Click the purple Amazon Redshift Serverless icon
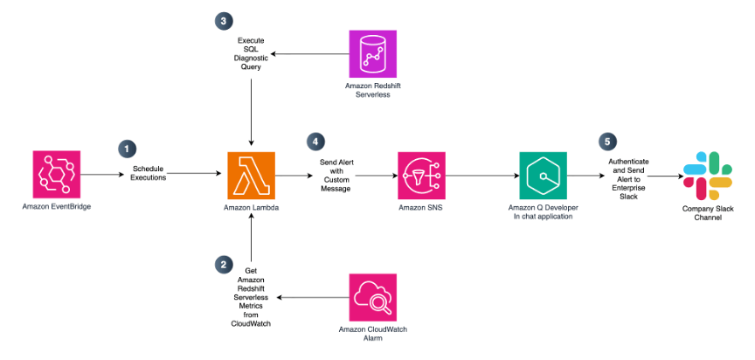[373, 55]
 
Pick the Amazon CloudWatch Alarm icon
[373, 297]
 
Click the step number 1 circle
[128, 149]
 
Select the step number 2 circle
[225, 263]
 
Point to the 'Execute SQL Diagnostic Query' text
[252, 54]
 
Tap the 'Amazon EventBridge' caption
[57, 207]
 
